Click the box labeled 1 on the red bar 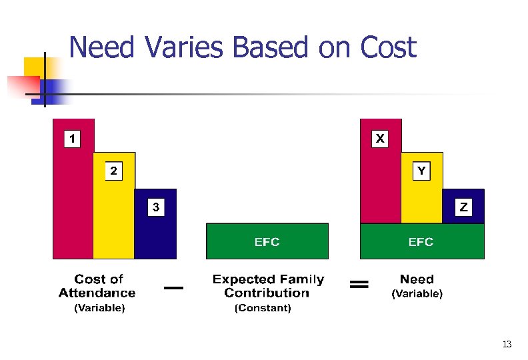tap(72, 139)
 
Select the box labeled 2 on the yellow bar tap(113, 171)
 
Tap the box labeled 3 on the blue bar tap(155, 208)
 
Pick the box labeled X tap(379, 139)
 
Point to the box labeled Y tap(421, 171)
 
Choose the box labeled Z tap(463, 208)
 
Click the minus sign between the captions tap(173, 287)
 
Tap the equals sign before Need tap(359, 285)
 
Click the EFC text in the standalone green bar tap(267, 242)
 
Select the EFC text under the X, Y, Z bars tap(421, 242)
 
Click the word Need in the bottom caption tap(417, 279)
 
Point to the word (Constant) tap(263, 308)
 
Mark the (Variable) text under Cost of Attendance tap(99, 308)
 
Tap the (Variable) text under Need tap(417, 293)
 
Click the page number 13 tap(507, 344)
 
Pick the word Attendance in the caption tap(97, 293)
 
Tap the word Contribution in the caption tap(267, 293)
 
